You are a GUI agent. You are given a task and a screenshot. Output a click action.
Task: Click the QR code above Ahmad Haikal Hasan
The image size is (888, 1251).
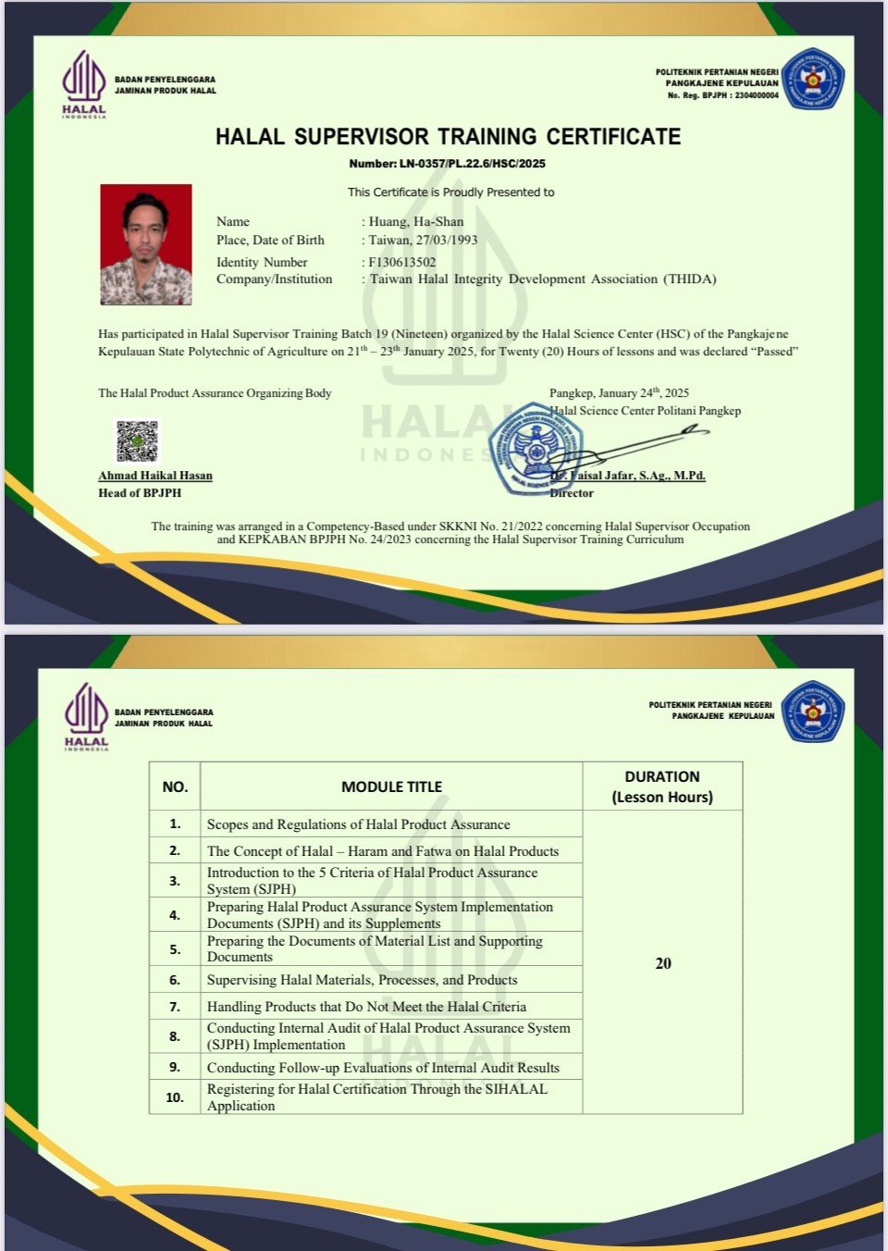[137, 440]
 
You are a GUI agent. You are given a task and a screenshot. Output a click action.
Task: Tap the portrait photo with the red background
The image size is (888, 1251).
[146, 244]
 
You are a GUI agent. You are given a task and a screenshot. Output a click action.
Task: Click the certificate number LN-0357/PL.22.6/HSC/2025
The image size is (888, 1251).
[447, 164]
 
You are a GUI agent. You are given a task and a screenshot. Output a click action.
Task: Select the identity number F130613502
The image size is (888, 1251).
[402, 262]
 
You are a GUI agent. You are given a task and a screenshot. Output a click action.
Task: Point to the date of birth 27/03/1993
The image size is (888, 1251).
[447, 240]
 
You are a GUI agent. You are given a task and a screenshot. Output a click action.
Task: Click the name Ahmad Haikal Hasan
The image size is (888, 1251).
[155, 476]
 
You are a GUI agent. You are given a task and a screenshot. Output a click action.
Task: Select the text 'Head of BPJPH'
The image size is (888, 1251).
[140, 493]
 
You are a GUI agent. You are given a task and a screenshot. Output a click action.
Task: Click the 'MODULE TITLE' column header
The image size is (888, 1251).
[391, 787]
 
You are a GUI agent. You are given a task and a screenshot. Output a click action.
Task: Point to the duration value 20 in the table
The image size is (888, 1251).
[663, 963]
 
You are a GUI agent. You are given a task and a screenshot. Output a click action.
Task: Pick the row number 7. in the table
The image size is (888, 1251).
[175, 1006]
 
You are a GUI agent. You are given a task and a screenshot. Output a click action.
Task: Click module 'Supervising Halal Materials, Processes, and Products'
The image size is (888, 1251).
[362, 980]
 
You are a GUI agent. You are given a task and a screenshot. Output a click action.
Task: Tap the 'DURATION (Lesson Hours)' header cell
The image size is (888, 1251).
[662, 787]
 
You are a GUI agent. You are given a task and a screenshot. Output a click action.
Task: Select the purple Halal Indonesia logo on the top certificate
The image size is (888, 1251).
[84, 83]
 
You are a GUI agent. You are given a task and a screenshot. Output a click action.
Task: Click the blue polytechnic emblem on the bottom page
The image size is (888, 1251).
[812, 712]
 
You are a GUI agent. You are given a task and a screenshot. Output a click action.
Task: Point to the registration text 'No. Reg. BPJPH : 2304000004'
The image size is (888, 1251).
[722, 95]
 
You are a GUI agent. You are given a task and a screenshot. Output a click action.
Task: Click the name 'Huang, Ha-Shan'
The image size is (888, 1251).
[416, 221]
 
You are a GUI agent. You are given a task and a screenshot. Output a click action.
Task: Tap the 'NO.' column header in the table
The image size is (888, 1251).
[175, 787]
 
